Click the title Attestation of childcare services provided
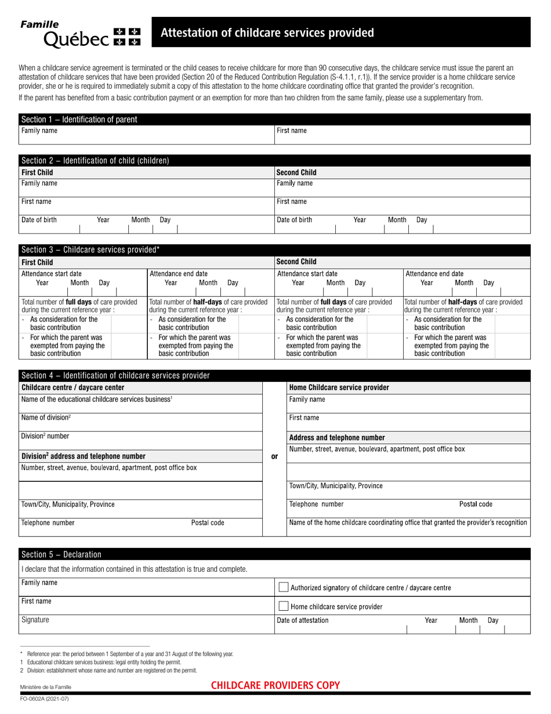point(267,33)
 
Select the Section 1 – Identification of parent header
point(79,120)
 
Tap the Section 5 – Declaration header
point(61,554)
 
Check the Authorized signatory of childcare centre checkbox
point(283,587)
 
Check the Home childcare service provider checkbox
point(283,607)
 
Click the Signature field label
point(35,620)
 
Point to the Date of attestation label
point(303,621)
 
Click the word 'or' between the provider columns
point(274,456)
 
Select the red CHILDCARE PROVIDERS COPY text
point(275,686)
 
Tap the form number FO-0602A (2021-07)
point(45,698)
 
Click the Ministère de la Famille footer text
point(46,687)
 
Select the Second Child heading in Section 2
point(296,172)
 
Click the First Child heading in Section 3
point(37,262)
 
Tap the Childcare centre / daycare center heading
point(72,387)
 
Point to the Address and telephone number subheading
point(336,438)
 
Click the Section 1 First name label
point(292,131)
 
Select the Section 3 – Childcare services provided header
point(90,250)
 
